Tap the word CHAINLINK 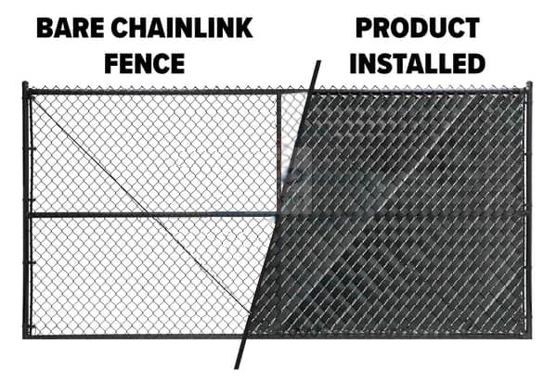coord(182,28)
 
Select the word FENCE coord(145,63)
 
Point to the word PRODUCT coord(418,28)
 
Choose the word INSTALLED coord(418,63)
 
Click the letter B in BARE coord(45,28)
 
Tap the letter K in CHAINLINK coord(243,28)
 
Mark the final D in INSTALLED coord(477,63)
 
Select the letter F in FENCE coord(110,63)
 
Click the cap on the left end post coord(25,84)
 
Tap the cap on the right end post coord(529,84)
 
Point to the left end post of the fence coord(26,210)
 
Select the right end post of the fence coord(529,210)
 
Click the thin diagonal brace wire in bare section coord(141,205)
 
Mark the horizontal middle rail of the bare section coord(153,214)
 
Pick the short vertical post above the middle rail coord(278,153)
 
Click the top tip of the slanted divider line coord(319,61)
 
